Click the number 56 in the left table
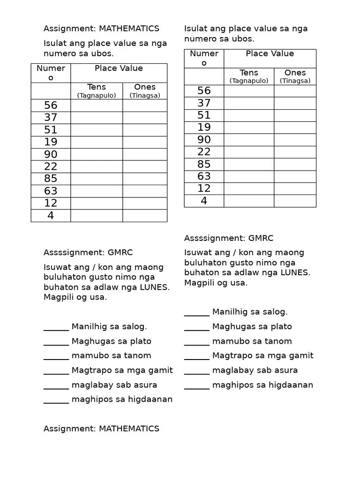[x=51, y=105]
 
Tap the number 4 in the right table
[x=204, y=201]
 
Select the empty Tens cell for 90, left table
[x=97, y=154]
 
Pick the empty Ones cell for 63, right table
[x=295, y=176]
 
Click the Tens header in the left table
[x=97, y=87]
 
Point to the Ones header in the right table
[x=295, y=73]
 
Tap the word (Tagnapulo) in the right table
[x=249, y=81]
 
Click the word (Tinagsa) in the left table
[x=145, y=95]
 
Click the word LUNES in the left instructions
[x=155, y=287]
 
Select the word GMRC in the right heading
[x=261, y=238]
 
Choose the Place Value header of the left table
[x=119, y=68]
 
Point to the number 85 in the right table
[x=204, y=164]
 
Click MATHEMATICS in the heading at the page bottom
[x=129, y=428]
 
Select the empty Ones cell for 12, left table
[x=145, y=203]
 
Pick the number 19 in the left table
[x=51, y=142]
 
